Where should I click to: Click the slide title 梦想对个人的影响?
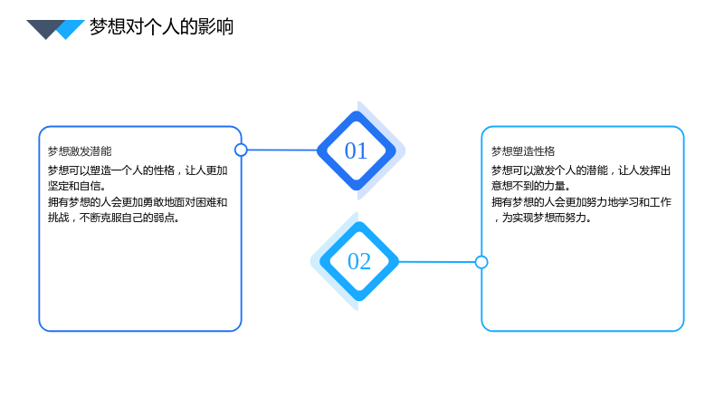pos(162,27)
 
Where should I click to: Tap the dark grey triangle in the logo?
pos(43,27)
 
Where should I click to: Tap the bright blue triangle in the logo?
pos(71,29)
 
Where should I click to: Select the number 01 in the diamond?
pos(356,151)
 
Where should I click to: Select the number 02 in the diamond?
pos(359,261)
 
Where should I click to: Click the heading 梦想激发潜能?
pos(80,151)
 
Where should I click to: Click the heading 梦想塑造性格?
pos(523,151)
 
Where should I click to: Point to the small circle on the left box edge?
pos(241,150)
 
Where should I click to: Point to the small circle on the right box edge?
pos(481,262)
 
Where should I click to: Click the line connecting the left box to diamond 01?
pos(282,150)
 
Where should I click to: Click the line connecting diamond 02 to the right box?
pos(437,262)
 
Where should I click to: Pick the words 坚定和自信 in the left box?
pos(74,186)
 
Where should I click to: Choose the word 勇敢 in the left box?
pos(164,202)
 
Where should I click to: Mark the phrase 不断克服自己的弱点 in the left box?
pos(127,218)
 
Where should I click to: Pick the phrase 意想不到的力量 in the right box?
pos(529,186)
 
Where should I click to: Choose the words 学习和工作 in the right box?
pos(644,202)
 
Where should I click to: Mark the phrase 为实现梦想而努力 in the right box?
pos(545,218)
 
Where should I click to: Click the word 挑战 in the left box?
pos(58,218)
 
